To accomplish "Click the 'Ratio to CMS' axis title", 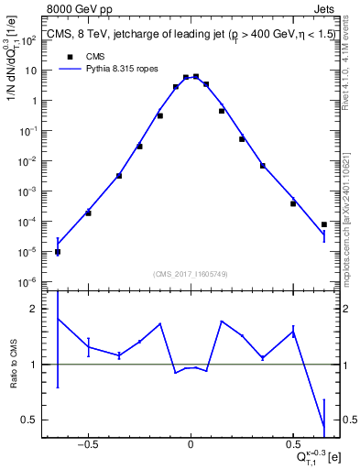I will tap(12, 364).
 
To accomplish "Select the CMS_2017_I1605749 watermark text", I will tap(191, 274).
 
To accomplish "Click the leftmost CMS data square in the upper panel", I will tap(58, 252).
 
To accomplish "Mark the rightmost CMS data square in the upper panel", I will tap(324, 224).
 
